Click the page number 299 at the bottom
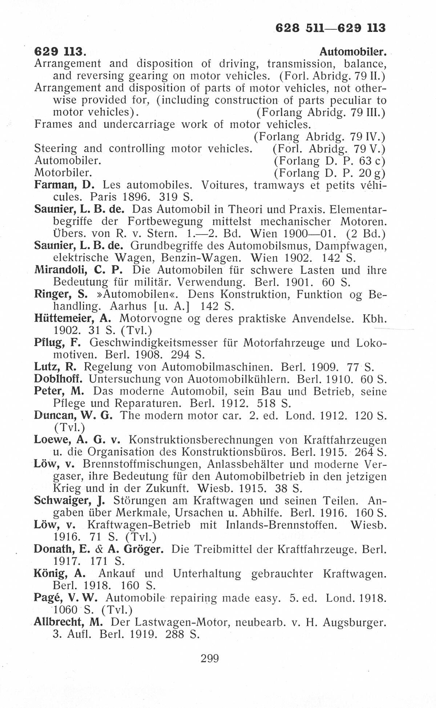click(210, 658)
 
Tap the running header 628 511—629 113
click(330, 28)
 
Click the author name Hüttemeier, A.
click(72, 319)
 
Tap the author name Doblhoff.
click(58, 379)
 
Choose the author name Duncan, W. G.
click(73, 416)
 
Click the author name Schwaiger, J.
click(69, 501)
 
